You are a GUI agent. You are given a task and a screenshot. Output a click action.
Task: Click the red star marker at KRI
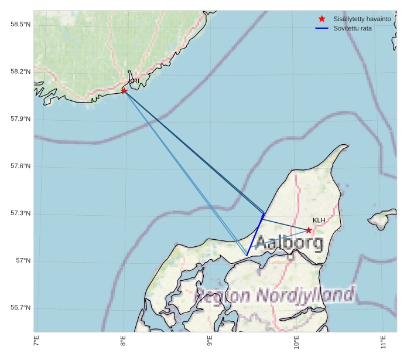pyautogui.click(x=124, y=90)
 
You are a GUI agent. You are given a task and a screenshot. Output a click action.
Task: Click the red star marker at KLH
pyautogui.click(x=309, y=230)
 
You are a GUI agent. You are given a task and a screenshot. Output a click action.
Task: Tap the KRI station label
pyautogui.click(x=134, y=81)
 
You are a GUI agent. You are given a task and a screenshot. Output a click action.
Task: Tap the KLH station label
pyautogui.click(x=319, y=220)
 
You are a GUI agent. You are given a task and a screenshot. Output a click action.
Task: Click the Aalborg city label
pyautogui.click(x=289, y=242)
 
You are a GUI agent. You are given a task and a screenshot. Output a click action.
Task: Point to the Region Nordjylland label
pyautogui.click(x=275, y=295)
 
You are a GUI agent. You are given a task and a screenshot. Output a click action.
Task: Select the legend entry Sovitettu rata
pyautogui.click(x=353, y=28)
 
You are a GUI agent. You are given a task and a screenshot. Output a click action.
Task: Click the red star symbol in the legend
pyautogui.click(x=322, y=19)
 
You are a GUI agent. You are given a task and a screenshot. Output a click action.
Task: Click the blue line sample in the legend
pyautogui.click(x=322, y=28)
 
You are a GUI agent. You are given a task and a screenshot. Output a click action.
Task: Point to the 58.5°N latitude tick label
pyautogui.click(x=20, y=24)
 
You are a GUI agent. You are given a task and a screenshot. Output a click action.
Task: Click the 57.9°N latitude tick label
pyautogui.click(x=20, y=119)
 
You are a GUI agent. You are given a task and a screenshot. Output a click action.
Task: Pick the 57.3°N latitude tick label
pyautogui.click(x=20, y=213)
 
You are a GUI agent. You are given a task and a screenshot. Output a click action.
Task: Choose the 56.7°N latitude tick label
pyautogui.click(x=20, y=308)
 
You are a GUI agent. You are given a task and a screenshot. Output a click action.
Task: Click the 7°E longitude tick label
pyautogui.click(x=36, y=341)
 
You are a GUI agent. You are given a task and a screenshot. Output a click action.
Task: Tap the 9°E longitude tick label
pyautogui.click(x=210, y=341)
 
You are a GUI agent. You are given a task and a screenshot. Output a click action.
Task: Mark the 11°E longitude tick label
pyautogui.click(x=382, y=341)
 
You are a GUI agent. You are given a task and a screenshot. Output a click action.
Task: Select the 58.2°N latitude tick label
pyautogui.click(x=20, y=72)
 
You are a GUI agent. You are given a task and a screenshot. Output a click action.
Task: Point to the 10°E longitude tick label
pyautogui.click(x=296, y=342)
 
